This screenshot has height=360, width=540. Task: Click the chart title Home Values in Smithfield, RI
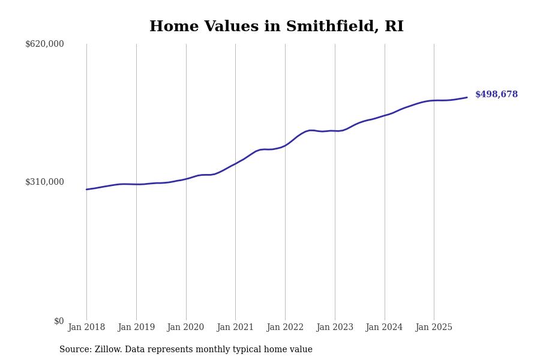pyautogui.click(x=277, y=27)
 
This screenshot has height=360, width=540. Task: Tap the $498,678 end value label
pyautogui.click(x=496, y=95)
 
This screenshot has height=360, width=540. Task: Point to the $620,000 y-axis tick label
pyautogui.click(x=44, y=44)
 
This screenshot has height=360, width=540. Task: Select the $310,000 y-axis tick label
pyautogui.click(x=44, y=182)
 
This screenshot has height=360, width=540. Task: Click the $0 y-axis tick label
pyautogui.click(x=59, y=321)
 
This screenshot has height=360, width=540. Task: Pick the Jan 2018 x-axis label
pyautogui.click(x=86, y=328)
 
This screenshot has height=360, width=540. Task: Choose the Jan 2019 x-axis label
pyautogui.click(x=136, y=328)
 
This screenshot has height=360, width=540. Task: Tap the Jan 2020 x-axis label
pyautogui.click(x=186, y=328)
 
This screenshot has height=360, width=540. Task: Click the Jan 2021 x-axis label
pyautogui.click(x=235, y=328)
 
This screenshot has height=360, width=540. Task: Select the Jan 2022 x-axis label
pyautogui.click(x=285, y=328)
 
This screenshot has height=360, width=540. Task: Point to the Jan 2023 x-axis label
pyautogui.click(x=335, y=328)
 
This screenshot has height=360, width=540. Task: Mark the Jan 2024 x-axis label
pyautogui.click(x=385, y=328)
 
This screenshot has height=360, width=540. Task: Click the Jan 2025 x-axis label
pyautogui.click(x=434, y=328)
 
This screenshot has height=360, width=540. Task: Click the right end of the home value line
pyautogui.click(x=467, y=97)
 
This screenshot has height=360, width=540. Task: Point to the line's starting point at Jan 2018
pyautogui.click(x=86, y=190)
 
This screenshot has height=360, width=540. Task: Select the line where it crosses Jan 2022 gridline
pyautogui.click(x=285, y=145)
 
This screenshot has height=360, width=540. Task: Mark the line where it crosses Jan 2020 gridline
pyautogui.click(x=186, y=178)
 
